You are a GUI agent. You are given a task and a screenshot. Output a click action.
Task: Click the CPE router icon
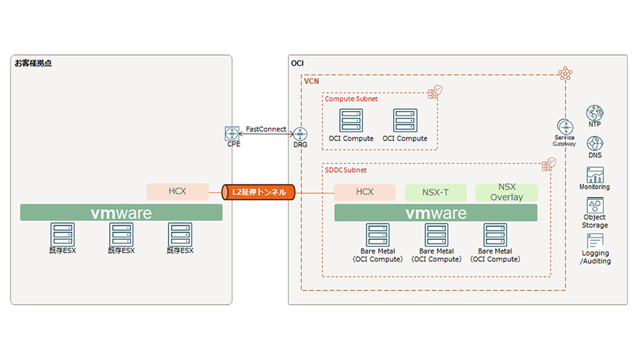coord(232,134)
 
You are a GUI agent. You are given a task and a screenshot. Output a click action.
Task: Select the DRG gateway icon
coord(300,134)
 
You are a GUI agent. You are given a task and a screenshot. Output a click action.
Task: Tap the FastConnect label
coord(266,129)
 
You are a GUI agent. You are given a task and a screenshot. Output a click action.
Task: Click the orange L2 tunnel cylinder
coord(258,191)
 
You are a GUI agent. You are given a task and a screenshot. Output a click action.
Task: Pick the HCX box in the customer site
coord(177,191)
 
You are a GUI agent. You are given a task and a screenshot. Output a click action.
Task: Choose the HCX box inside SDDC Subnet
coord(365,192)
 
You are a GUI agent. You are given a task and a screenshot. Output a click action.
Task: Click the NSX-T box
coord(436,192)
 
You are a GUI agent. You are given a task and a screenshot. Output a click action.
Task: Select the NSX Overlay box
coord(507,192)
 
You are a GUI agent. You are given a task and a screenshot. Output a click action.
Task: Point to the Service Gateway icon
coord(564,126)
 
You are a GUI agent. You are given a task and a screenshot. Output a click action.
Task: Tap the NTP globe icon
coord(595,113)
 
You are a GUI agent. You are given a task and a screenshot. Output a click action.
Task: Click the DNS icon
coord(595,144)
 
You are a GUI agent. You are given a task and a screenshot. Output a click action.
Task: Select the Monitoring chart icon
coord(595,174)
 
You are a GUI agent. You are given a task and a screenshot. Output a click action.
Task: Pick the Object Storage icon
coord(595,206)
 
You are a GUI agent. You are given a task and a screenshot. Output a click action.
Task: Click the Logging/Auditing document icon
coord(595,241)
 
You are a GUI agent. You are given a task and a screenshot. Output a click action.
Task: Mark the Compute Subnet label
coord(352,99)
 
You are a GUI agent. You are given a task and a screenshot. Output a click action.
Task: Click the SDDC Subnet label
coord(346,170)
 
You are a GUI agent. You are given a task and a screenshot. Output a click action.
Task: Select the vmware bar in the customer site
coord(121,213)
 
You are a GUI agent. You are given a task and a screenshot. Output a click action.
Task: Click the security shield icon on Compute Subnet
coord(433,93)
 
